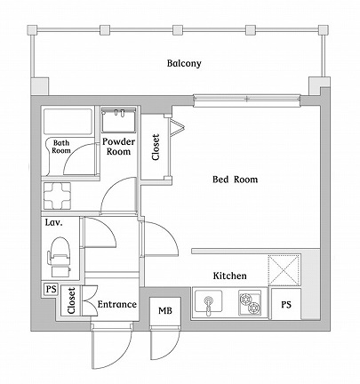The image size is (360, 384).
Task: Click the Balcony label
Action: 184,64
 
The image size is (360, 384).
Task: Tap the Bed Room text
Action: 235,180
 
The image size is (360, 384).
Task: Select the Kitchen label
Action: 229,276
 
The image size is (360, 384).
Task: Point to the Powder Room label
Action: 118,147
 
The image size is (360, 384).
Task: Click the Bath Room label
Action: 61,146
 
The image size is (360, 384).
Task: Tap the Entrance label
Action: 116,305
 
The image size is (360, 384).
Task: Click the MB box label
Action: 165,310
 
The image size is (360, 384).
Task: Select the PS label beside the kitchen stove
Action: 285,305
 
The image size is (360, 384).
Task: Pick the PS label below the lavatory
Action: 50,289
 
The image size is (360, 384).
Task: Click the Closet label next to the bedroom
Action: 156,147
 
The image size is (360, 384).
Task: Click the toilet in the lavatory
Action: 60,254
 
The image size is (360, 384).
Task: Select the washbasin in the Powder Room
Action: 117,118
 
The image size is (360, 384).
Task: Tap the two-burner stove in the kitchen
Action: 252,304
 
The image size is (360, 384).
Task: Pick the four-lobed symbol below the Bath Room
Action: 59,196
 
